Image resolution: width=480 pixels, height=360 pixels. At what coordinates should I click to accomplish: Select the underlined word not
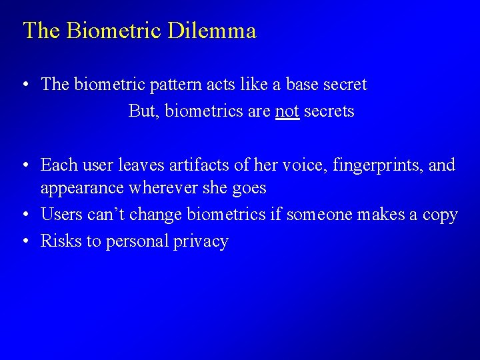tap(287, 111)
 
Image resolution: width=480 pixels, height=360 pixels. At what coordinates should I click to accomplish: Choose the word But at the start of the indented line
tap(141, 111)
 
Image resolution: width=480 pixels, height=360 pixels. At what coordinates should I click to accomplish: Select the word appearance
tap(82, 188)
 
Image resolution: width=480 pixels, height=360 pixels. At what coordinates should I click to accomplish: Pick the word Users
tap(59, 215)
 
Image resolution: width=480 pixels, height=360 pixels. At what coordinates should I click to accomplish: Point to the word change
tap(157, 215)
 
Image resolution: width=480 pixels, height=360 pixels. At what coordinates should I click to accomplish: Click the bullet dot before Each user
tap(24, 165)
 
